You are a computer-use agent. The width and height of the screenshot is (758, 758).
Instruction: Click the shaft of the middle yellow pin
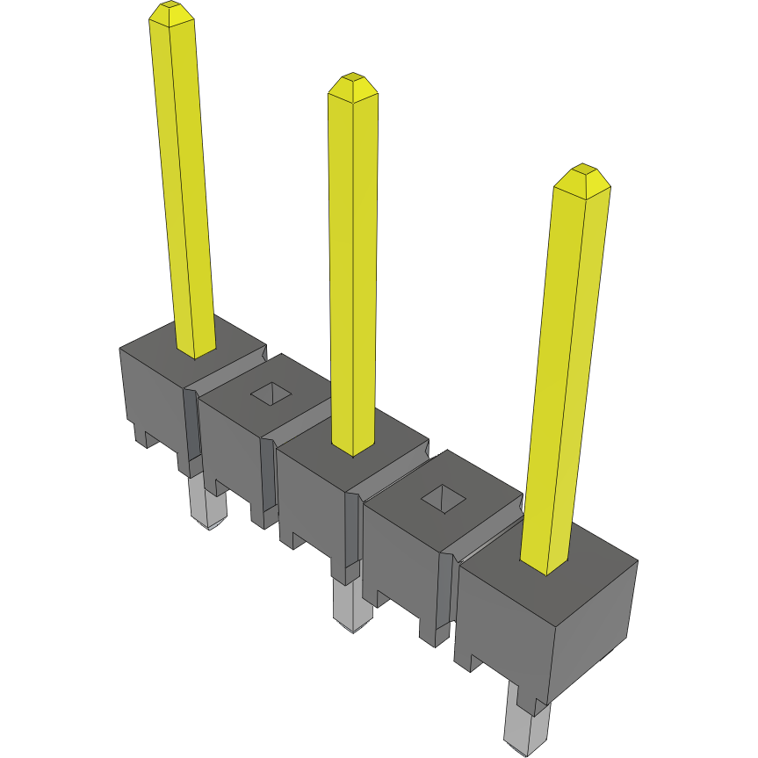pyautogui.click(x=353, y=263)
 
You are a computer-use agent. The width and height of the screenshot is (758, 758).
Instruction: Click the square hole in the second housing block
pyautogui.click(x=273, y=394)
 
